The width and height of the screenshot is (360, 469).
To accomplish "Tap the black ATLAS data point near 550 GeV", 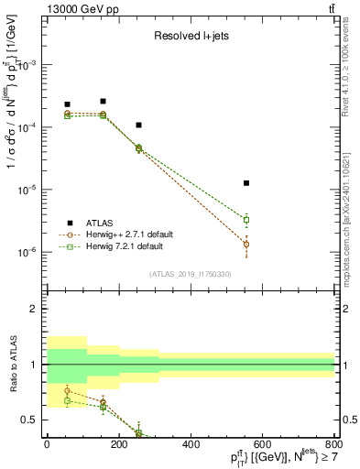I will click(x=246, y=183).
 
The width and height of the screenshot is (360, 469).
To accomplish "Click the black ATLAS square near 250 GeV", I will click(x=138, y=125).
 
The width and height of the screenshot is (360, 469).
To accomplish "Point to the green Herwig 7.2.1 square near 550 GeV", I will click(x=246, y=220).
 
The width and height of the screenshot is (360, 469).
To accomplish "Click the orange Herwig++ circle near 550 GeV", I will click(x=246, y=244).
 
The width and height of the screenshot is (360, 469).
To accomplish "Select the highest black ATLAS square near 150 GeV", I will click(x=103, y=101).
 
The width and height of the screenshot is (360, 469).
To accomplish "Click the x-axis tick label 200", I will click(x=118, y=444).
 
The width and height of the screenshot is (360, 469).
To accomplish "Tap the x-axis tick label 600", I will click(x=263, y=444).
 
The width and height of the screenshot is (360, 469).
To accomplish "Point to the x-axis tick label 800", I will click(x=334, y=444).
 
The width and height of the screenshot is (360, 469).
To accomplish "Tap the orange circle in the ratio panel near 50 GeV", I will click(x=67, y=391).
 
